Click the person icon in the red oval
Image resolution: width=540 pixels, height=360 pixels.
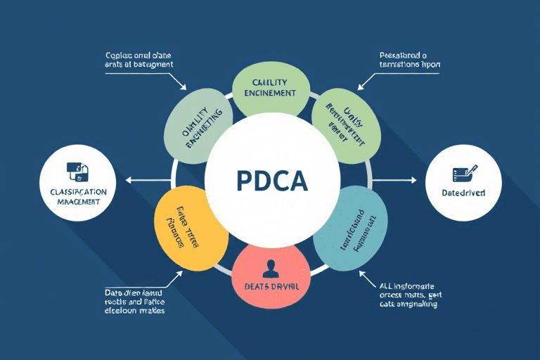pos(270,266)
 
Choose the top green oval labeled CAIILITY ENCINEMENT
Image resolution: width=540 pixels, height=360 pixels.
pos(271,89)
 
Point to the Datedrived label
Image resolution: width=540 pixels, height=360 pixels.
pos(463,192)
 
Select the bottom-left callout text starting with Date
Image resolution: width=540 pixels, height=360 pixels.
pos(135,301)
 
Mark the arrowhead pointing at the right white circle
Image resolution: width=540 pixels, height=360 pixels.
pos(414,180)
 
